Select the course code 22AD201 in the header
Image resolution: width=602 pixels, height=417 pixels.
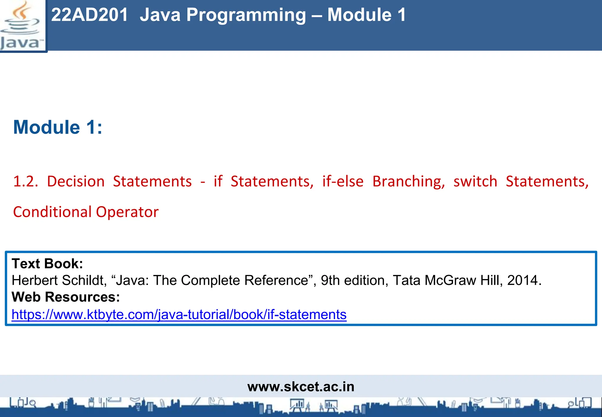coord(90,15)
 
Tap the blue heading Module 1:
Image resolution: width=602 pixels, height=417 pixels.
coord(58,127)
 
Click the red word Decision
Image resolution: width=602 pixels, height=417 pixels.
coord(76,181)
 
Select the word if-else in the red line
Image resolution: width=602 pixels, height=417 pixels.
coord(343,181)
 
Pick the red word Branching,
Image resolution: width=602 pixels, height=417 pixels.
coord(409,181)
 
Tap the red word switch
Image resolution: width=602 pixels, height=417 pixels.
coord(475,181)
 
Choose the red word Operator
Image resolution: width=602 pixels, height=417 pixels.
coord(127,212)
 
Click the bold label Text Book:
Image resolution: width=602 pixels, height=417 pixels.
coord(47,263)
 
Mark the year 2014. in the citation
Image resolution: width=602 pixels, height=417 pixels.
coord(524,280)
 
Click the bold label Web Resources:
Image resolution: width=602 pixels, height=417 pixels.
coord(66,297)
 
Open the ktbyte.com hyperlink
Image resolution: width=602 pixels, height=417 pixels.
coord(179,314)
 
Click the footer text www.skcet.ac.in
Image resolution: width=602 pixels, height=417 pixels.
coord(301,386)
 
